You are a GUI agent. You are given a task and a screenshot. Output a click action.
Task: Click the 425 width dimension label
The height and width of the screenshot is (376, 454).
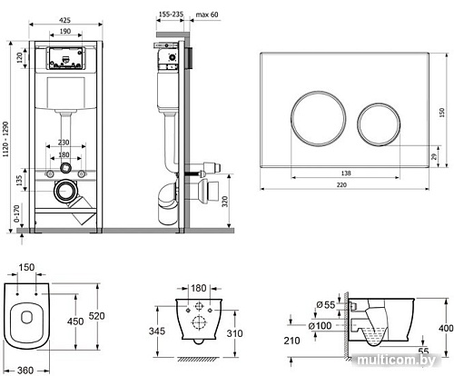point(64,20)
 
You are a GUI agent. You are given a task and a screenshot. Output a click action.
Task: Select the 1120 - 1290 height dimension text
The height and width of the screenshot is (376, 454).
point(5,140)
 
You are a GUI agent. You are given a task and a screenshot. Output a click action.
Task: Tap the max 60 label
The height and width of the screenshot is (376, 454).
point(207,15)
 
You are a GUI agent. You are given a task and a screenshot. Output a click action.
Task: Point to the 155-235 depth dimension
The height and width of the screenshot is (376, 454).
point(170,15)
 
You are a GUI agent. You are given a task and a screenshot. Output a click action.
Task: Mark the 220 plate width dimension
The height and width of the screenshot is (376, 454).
point(341,184)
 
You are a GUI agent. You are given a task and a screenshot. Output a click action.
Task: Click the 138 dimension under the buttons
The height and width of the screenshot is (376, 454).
point(346,173)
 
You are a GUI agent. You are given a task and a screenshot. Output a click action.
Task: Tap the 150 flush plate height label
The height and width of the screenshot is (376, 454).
point(442,113)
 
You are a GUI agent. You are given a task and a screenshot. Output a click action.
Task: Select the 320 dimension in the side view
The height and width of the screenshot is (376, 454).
point(224,202)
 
